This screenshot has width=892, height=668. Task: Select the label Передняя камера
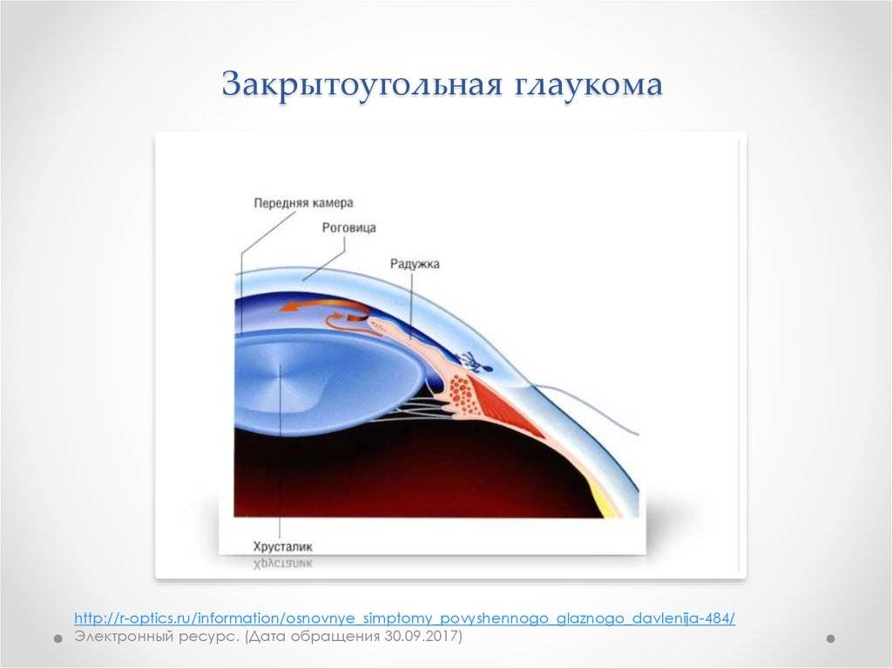[303, 203]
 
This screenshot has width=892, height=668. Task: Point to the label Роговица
[348, 228]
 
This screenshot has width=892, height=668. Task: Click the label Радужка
[415, 264]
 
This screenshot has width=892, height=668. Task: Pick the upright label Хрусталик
[283, 547]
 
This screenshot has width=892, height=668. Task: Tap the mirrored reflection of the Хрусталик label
[283, 563]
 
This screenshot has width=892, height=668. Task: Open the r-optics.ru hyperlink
[404, 618]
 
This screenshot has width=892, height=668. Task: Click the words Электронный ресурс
[157, 636]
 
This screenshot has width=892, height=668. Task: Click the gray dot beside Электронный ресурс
[58, 639]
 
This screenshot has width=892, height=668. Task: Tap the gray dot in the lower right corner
[830, 639]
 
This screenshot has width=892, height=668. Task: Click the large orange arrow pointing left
[319, 307]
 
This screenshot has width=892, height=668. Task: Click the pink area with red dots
[462, 393]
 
